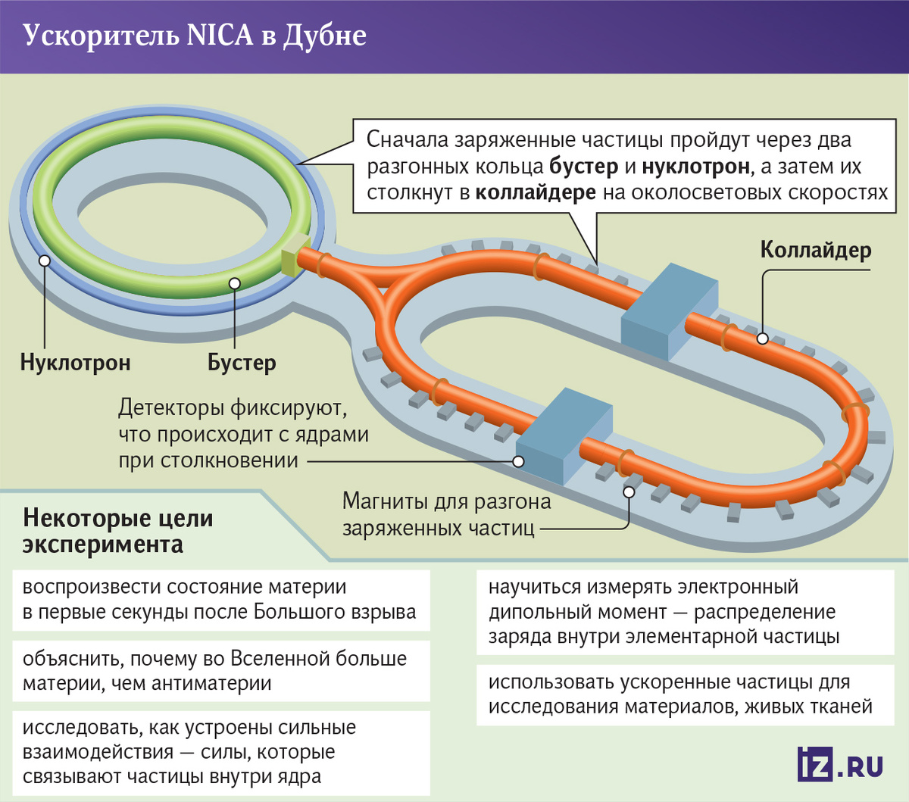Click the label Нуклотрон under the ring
coord(76,363)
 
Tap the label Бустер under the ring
coord(242,364)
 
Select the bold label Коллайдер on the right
coord(816,250)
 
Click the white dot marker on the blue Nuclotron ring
coord(45,261)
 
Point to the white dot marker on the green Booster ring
coord(235,283)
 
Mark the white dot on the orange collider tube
coord(762,339)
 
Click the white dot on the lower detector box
coord(518,461)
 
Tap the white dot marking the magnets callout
coord(629,492)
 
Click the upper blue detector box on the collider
coord(670,311)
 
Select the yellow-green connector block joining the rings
coord(295,256)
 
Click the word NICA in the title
coord(220,36)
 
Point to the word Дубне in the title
coord(325,36)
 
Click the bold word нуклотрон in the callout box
coord(696,167)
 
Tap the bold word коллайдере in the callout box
coord(536,193)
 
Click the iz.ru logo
coord(839,764)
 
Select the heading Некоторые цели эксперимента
coord(118,532)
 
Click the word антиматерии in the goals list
coord(211,684)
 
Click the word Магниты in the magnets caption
coord(385,501)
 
